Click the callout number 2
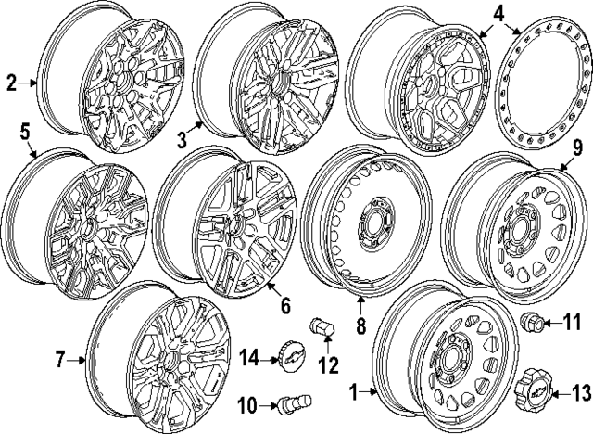[12, 83]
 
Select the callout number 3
[183, 139]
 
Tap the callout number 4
[499, 14]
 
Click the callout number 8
[361, 325]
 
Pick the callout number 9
[576, 147]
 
